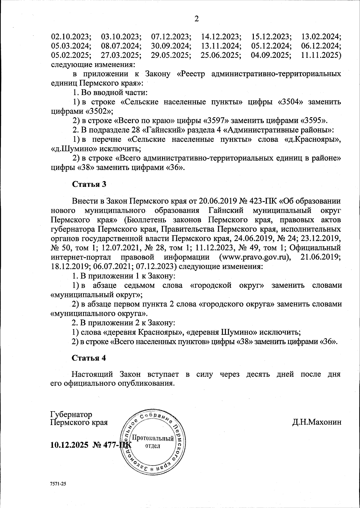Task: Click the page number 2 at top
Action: (196, 19)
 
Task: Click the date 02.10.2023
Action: (71, 37)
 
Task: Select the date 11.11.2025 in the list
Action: (320, 56)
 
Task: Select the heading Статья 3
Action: (89, 184)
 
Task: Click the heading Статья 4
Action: (89, 358)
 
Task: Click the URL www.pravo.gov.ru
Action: (255, 257)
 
